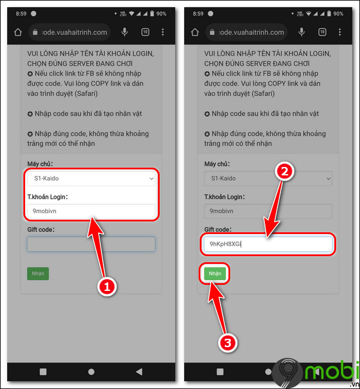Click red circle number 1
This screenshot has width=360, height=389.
(107, 287)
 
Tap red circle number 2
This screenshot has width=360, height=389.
(285, 171)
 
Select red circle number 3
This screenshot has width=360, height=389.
(228, 343)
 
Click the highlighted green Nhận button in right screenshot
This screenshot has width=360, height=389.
(215, 273)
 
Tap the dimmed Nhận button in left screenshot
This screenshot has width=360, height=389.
(38, 273)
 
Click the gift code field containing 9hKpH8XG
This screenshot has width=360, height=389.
(268, 244)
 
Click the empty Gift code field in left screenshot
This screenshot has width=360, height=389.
(91, 244)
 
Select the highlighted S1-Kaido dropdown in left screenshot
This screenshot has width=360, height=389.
(91, 178)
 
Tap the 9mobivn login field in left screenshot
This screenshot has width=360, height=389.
(91, 211)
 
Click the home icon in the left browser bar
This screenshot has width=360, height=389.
(18, 32)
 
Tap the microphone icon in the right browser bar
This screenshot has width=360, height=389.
(301, 32)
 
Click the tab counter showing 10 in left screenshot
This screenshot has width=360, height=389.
(145, 32)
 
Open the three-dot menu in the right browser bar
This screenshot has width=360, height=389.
(340, 32)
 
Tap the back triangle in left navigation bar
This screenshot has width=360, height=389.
(139, 372)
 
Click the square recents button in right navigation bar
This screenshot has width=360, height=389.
(220, 372)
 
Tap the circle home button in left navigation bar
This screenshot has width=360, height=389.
(91, 372)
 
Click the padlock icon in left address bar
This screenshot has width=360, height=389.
(35, 32)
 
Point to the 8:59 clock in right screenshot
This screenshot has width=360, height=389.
(198, 14)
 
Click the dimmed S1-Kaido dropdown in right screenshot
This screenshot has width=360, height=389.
(268, 178)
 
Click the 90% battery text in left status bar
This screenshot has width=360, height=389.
(161, 14)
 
